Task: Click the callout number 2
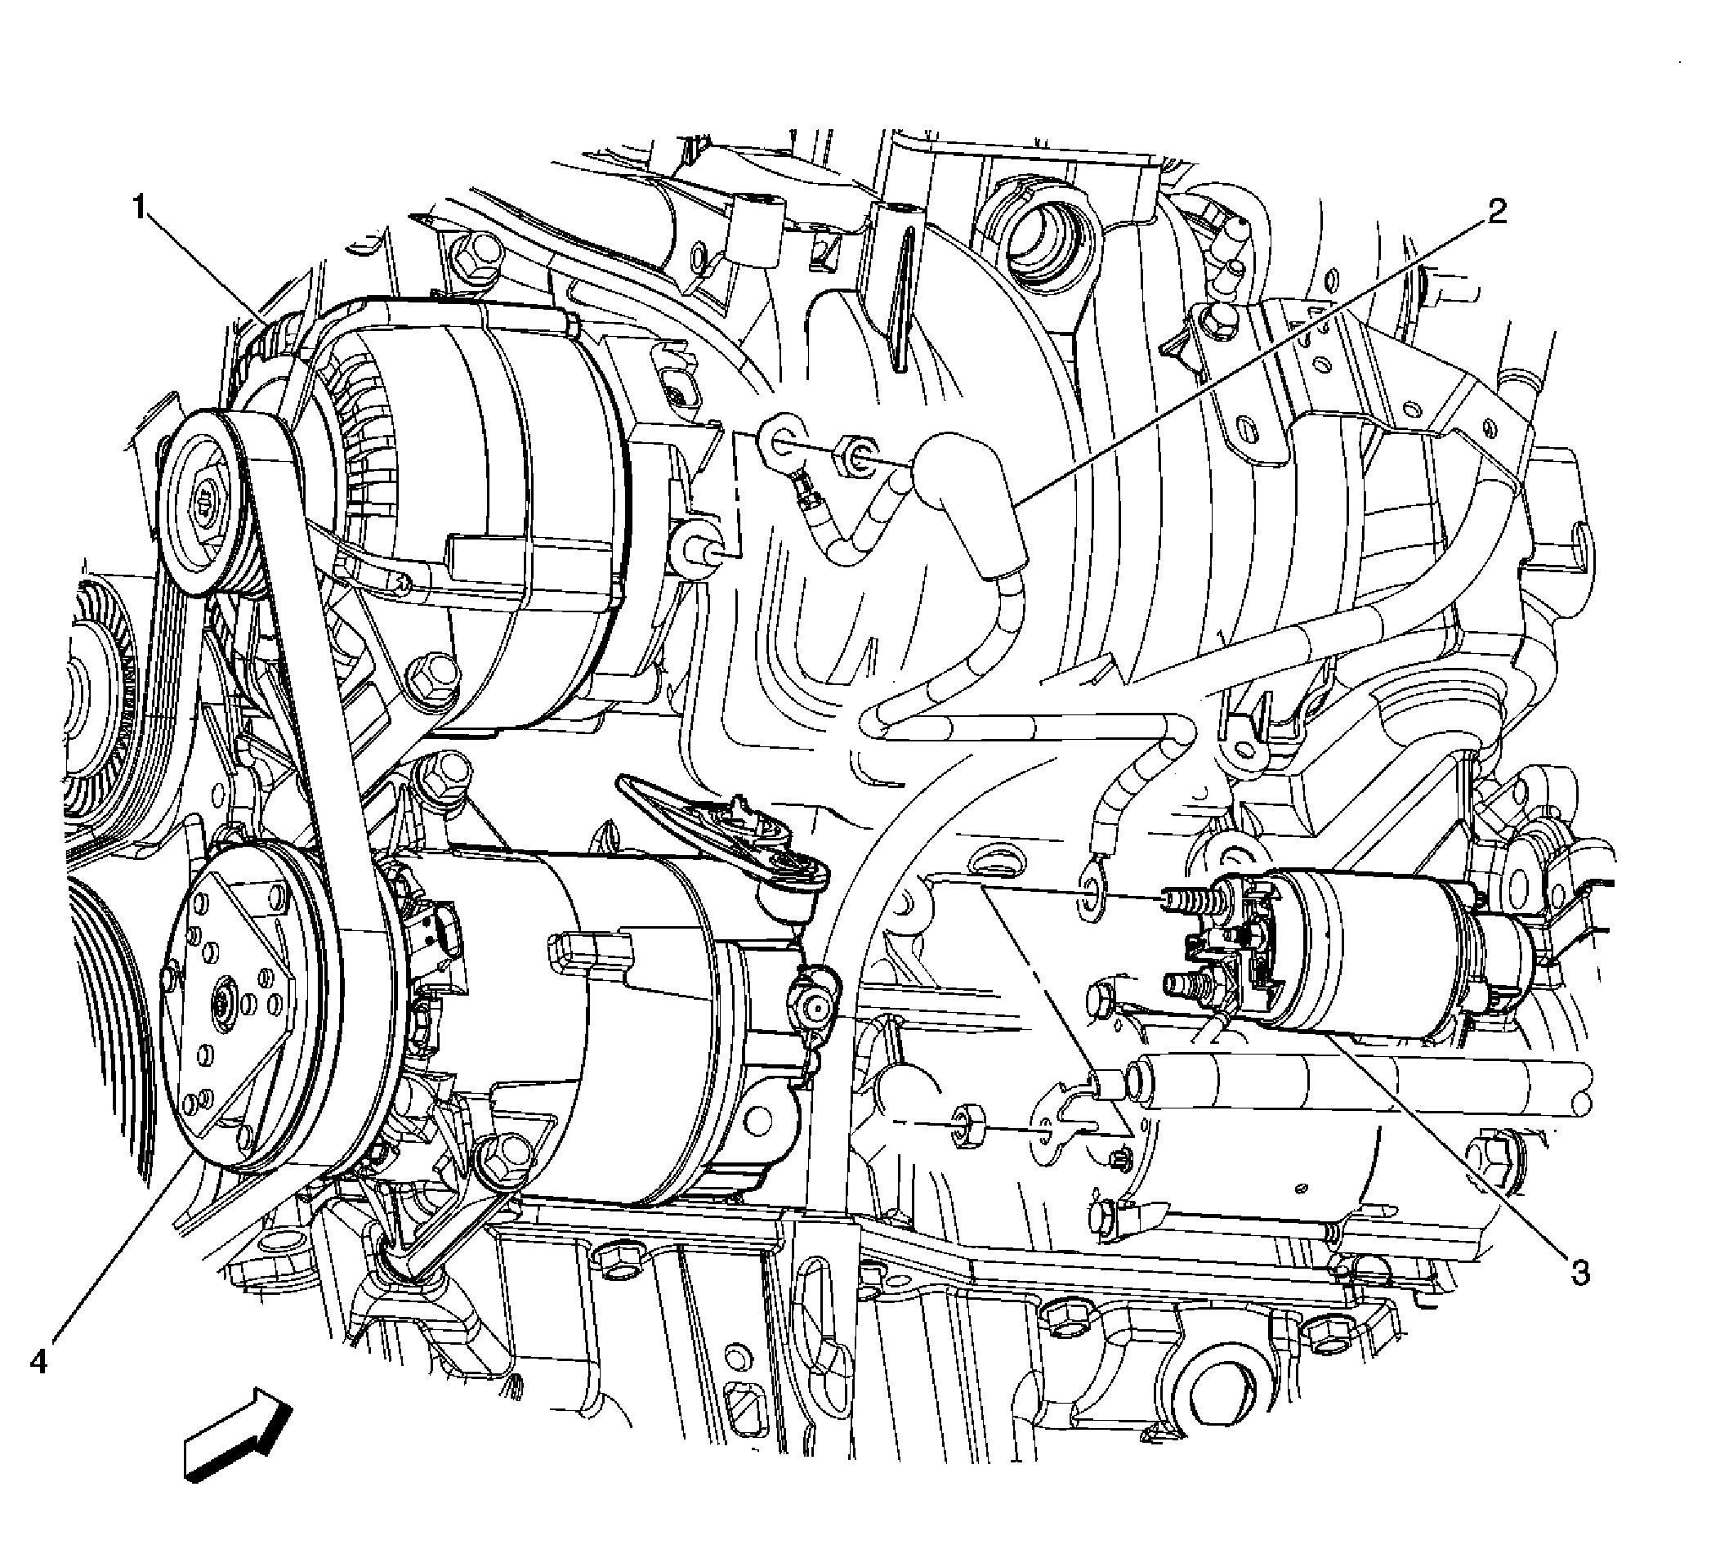click(1497, 211)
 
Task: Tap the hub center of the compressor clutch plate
click(226, 1007)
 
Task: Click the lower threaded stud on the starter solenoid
click(1188, 985)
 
